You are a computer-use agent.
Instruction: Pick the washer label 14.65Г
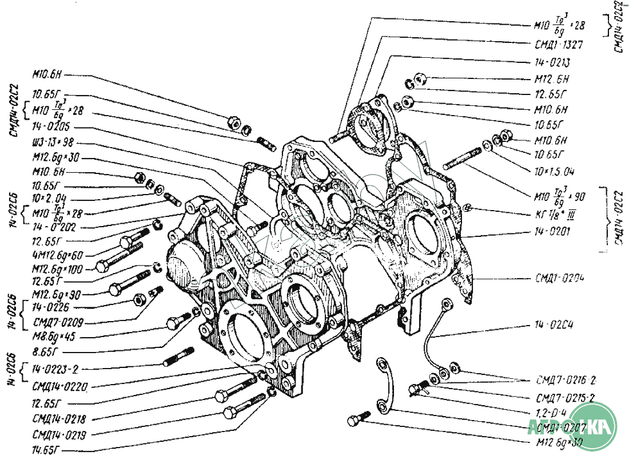(48, 449)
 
